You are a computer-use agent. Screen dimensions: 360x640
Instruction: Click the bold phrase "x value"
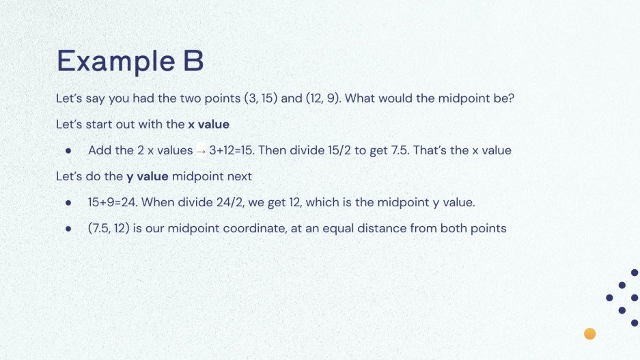[x=208, y=124]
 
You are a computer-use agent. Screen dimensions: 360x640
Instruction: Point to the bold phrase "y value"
[x=148, y=176]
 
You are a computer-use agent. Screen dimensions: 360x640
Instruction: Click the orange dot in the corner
[x=590, y=333]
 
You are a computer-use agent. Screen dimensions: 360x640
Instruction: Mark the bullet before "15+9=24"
[x=68, y=203]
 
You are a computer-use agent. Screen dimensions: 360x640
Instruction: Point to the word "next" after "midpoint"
[x=239, y=176]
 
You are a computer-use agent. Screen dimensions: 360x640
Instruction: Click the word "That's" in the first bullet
[x=432, y=150]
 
